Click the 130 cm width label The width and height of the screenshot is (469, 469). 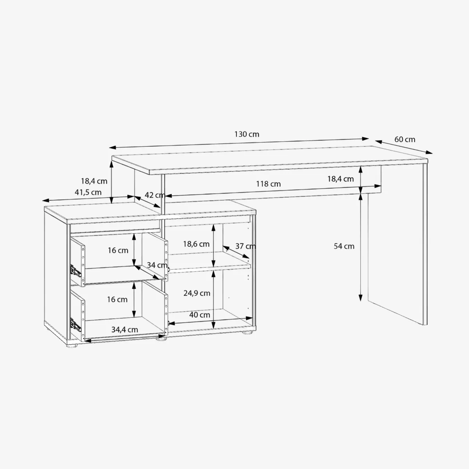click(247, 134)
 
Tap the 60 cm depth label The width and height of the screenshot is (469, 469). click(405, 139)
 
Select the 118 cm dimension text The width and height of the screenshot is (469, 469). click(268, 184)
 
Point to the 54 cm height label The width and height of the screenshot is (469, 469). click(344, 246)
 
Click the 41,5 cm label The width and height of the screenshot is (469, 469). click(88, 192)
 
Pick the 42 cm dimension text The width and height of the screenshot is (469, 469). click(155, 195)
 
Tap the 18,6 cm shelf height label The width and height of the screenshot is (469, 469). click(196, 244)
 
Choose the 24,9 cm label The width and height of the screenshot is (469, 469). click(197, 293)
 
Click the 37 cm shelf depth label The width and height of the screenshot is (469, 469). click(245, 246)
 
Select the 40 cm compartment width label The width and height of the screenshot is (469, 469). click(200, 315)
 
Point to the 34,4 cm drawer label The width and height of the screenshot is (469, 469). click(125, 329)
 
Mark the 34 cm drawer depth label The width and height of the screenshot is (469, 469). click(157, 265)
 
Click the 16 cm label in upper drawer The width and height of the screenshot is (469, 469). click(118, 250)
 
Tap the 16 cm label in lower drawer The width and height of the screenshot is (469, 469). click(117, 299)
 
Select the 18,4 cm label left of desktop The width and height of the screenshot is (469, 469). click(94, 181)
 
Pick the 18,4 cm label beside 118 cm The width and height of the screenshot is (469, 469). click(340, 179)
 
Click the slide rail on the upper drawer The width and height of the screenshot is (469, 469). click(75, 271)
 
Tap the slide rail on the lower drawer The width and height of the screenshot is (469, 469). click(75, 324)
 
